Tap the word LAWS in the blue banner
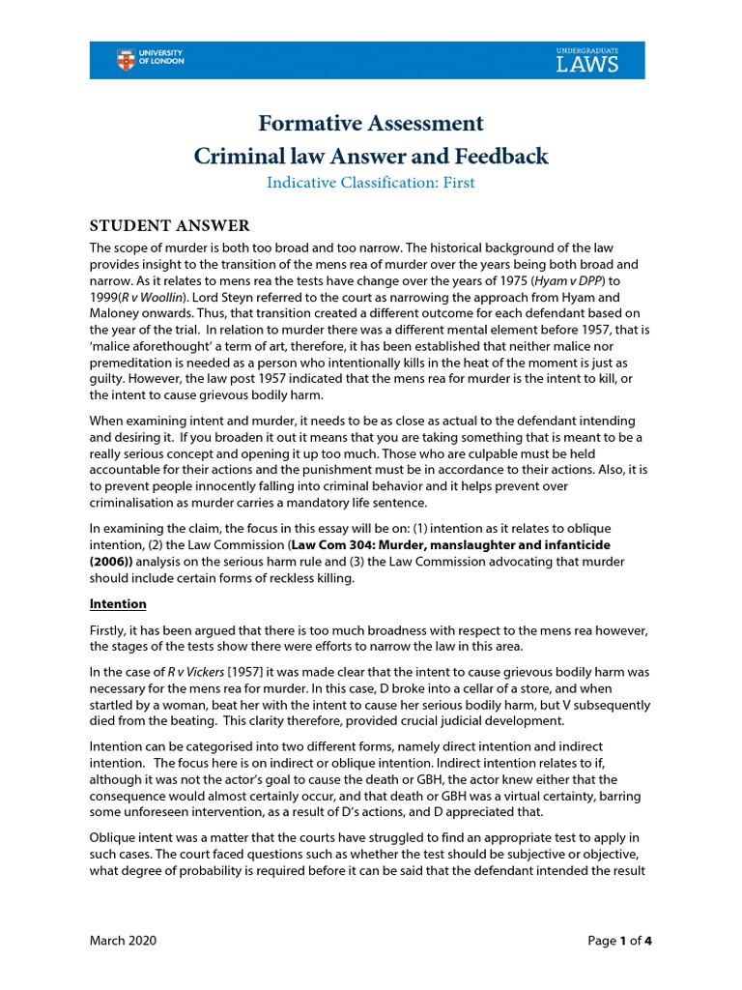587,65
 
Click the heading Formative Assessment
370,123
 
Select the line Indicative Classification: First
370,182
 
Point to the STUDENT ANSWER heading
170,225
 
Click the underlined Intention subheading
118,604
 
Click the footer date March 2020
123,941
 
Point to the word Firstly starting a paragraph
110,630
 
